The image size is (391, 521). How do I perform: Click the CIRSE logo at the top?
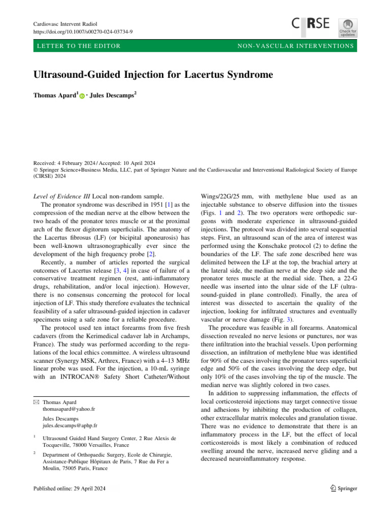(311, 23)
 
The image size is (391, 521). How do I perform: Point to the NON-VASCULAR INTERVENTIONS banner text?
(295, 46)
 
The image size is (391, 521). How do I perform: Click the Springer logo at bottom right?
(340, 488)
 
